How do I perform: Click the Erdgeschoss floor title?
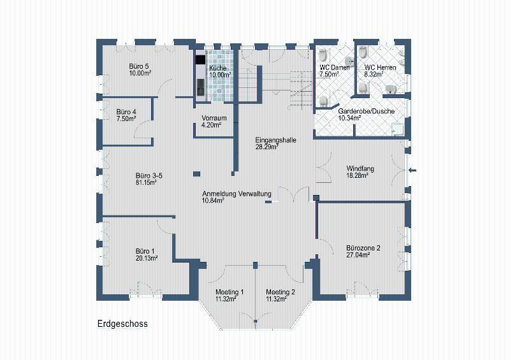(x=122, y=324)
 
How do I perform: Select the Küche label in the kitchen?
(x=218, y=68)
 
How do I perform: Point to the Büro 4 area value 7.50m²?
(x=126, y=119)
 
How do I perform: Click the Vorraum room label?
(x=214, y=118)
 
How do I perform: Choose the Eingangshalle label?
(x=275, y=140)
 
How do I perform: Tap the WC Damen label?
(x=334, y=68)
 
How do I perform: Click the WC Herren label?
(x=380, y=68)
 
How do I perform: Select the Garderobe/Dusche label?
(x=366, y=112)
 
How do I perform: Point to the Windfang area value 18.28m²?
(x=357, y=176)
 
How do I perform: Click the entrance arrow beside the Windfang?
(x=412, y=169)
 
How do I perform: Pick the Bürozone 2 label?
(x=363, y=248)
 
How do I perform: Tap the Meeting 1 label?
(x=229, y=292)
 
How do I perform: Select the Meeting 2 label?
(x=280, y=292)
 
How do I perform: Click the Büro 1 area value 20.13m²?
(x=147, y=258)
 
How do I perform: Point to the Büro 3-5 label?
(x=149, y=176)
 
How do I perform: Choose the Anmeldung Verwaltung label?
(x=237, y=194)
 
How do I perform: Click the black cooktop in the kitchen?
(x=200, y=60)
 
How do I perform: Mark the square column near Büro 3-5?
(x=196, y=174)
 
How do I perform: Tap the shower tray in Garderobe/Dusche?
(x=398, y=129)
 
